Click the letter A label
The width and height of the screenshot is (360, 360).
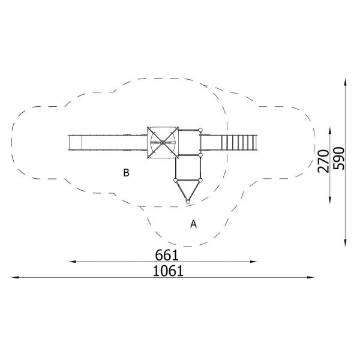pos(193,224)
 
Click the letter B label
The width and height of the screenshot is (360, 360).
pos(126,173)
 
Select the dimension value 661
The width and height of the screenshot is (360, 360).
pos(167,255)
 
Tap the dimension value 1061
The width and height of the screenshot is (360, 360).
pos(167,271)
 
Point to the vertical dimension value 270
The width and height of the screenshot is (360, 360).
pos(323,161)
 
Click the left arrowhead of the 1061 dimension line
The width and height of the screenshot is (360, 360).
pos(14,277)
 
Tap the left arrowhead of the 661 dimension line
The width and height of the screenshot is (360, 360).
pos(71,262)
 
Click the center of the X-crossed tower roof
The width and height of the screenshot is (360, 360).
pos(163,143)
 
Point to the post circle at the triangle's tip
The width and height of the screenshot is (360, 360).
pos(188,202)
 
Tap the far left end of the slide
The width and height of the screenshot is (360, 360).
pos(71,143)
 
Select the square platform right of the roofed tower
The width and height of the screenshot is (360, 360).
pos(190,143)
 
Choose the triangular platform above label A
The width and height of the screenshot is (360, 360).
pos(188,189)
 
